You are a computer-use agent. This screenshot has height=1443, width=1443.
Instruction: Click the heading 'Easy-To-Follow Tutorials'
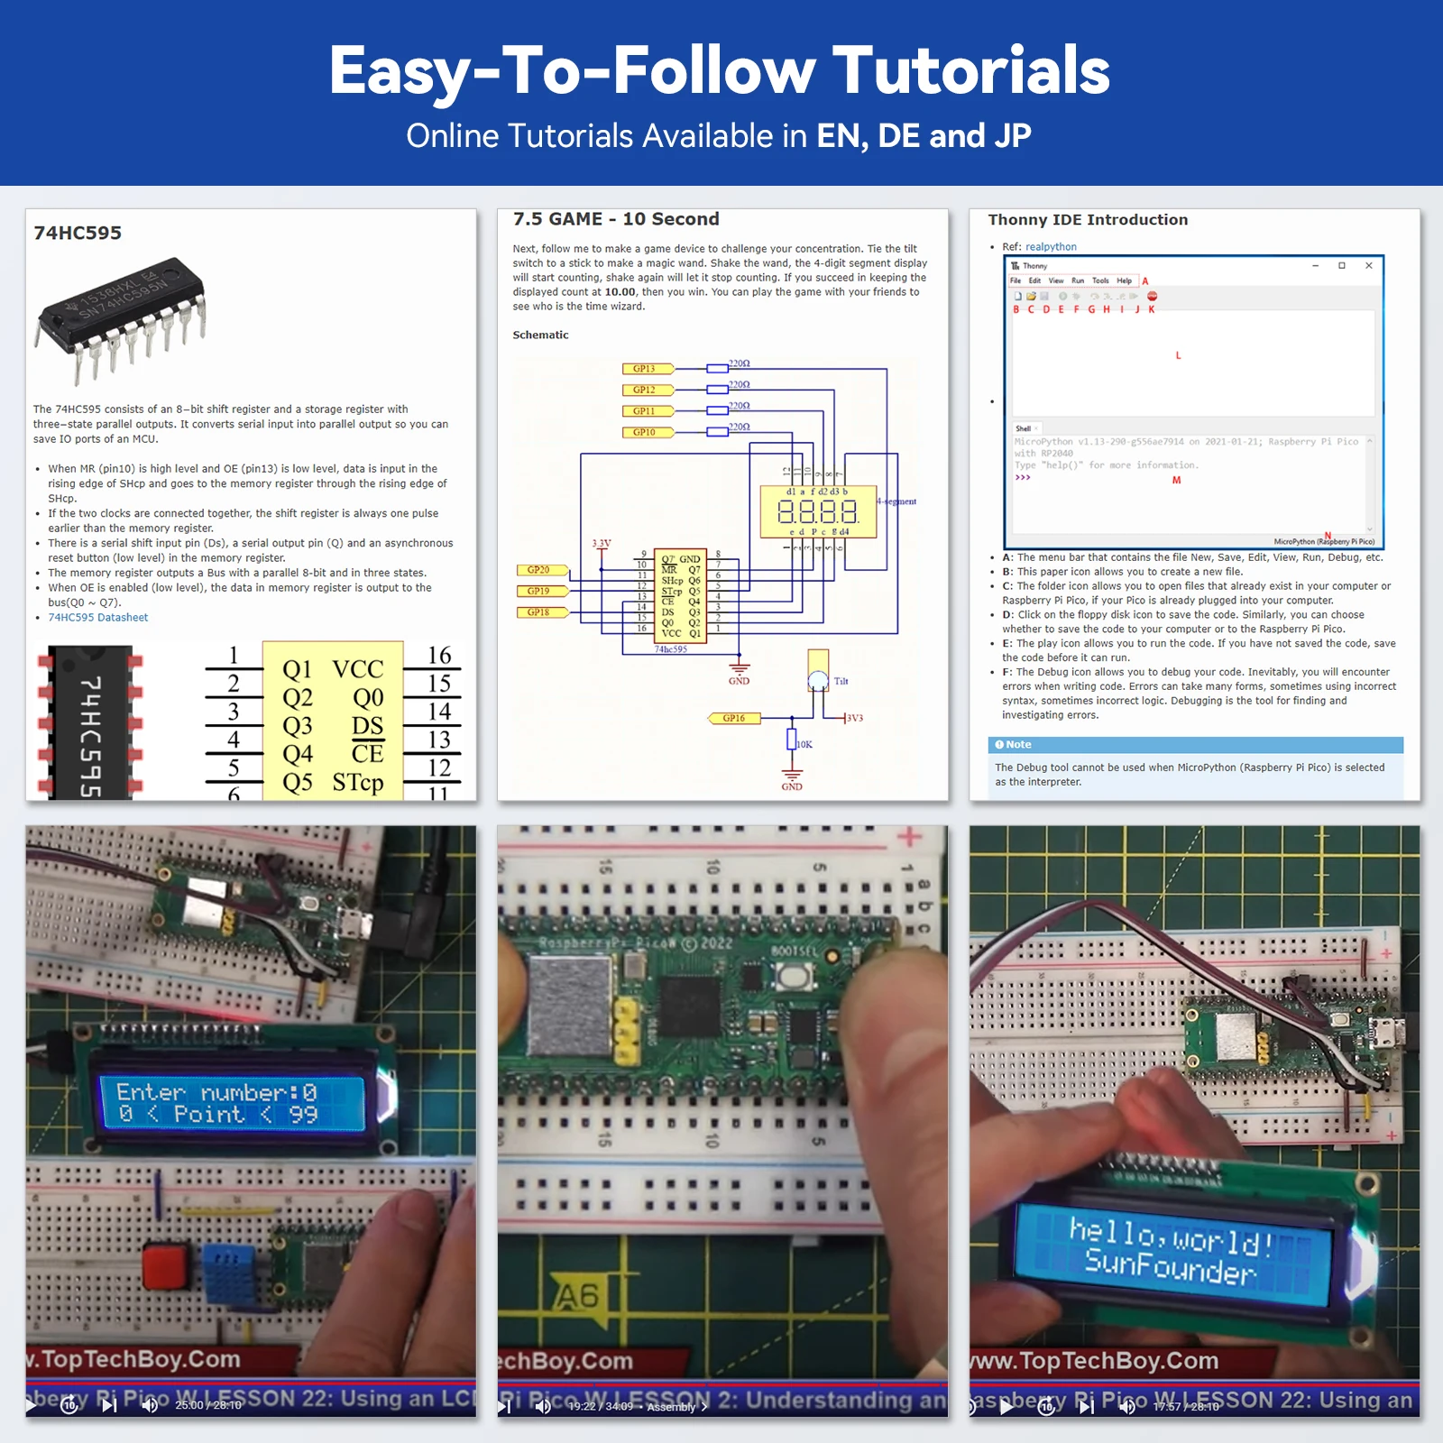coord(719,70)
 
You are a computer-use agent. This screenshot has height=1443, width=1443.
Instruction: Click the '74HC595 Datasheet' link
coord(97,618)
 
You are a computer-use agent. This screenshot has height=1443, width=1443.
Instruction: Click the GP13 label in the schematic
coord(645,369)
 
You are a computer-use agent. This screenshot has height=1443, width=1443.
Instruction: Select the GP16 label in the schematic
coord(734,718)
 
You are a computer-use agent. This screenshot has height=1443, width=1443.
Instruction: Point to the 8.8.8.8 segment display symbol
coord(817,512)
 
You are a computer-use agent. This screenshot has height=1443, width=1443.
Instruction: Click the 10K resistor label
coord(804,744)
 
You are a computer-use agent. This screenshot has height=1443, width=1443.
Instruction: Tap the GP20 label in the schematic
coord(539,570)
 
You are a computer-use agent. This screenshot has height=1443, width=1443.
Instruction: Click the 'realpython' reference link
coord(1051,246)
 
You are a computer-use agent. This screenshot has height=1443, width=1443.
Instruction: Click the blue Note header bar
coord(1194,745)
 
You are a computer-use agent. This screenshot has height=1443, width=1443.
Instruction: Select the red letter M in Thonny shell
coord(1176,481)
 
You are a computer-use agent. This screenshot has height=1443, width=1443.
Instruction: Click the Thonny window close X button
coord(1368,265)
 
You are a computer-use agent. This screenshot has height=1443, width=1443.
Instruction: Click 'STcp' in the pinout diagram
coord(357,782)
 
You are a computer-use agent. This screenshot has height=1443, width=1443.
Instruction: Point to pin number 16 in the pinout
coord(439,656)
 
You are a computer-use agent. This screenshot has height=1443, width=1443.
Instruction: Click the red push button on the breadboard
coord(163,1264)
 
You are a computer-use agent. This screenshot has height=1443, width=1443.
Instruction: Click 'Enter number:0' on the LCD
coord(216,1093)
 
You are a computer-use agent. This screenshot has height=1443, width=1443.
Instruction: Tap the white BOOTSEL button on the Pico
coord(792,976)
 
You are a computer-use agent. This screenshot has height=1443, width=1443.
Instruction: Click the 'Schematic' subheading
coord(540,335)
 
